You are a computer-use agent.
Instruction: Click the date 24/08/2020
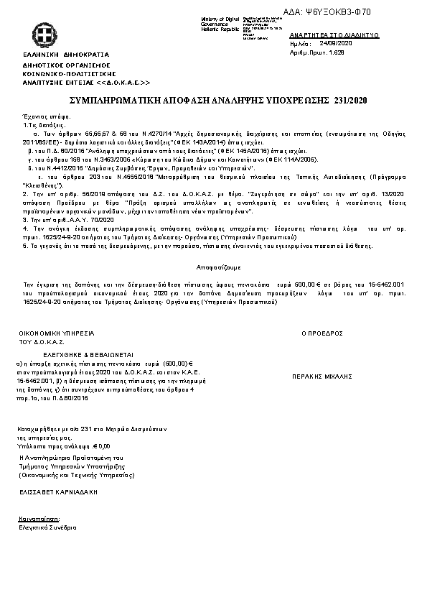334,43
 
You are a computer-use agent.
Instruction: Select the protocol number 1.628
336,52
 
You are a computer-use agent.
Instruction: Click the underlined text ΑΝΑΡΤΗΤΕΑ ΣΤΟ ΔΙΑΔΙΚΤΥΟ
334,34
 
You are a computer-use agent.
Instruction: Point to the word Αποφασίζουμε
214,266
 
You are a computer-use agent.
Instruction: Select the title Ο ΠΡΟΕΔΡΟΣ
322,333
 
